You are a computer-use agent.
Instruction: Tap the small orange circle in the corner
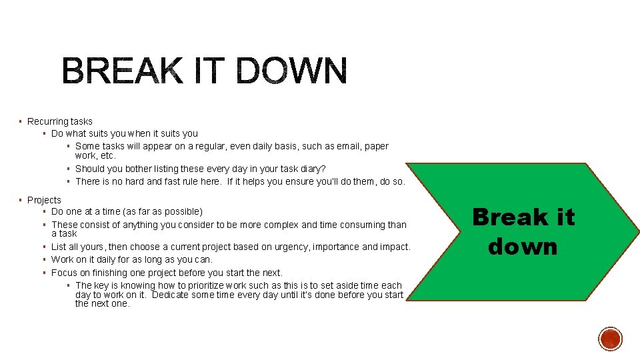pos(610,339)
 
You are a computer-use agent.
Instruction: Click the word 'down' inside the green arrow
pos(523,246)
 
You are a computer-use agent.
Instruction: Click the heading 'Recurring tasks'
pos(60,121)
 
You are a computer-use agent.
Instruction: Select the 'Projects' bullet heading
pos(44,200)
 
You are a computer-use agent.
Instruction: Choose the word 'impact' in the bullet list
pos(393,247)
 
